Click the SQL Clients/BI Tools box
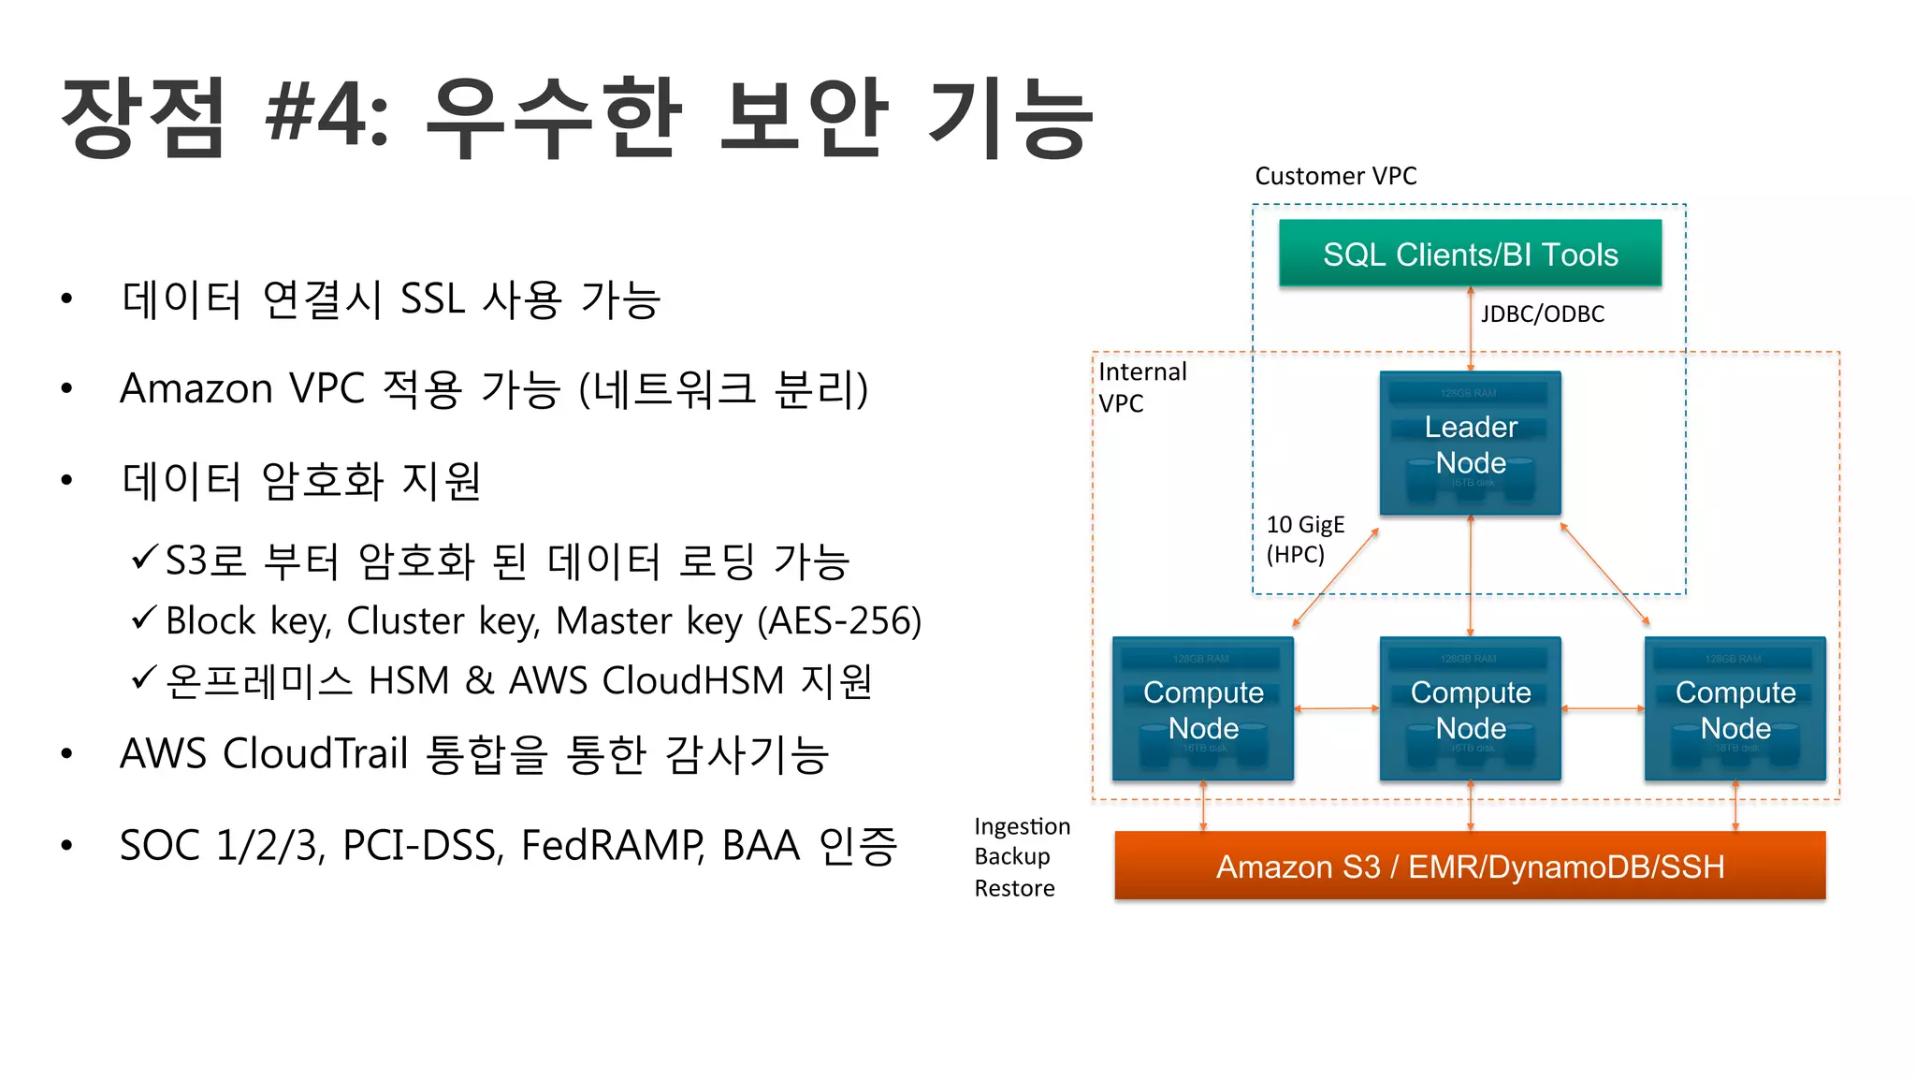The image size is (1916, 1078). (1470, 254)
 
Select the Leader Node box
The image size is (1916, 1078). (1470, 444)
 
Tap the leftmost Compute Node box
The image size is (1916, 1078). (1203, 709)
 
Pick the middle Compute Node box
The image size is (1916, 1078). (1470, 709)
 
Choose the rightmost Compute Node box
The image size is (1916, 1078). (1735, 709)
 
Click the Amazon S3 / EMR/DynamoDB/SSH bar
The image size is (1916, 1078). (1470, 867)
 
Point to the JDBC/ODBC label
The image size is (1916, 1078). (1542, 314)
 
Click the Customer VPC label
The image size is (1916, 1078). (1335, 176)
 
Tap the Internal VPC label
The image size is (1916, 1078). (1141, 387)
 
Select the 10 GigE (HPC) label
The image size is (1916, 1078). (1304, 539)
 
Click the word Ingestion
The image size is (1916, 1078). (1022, 826)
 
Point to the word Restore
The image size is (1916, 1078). (1014, 888)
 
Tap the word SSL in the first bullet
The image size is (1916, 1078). (432, 299)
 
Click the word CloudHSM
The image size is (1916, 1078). (692, 681)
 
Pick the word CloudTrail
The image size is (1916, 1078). (315, 753)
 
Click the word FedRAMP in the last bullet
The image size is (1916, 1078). (612, 846)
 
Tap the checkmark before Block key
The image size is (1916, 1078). (144, 619)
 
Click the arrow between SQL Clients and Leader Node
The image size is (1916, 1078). (1470, 329)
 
